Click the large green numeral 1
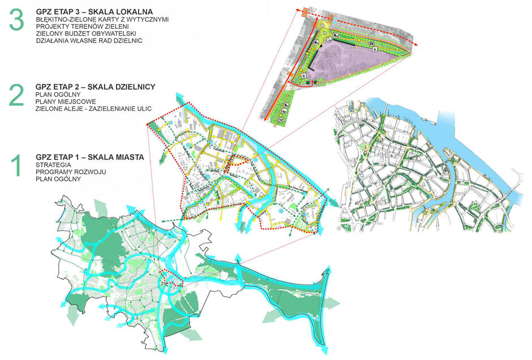click(16, 167)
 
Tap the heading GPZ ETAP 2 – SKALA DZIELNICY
click(95, 86)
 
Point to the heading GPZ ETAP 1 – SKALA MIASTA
click(89, 157)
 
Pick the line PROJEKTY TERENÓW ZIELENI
click(74, 27)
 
